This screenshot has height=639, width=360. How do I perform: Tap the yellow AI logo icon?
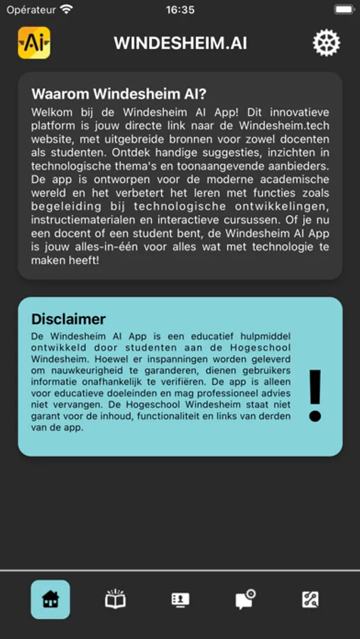[33, 43]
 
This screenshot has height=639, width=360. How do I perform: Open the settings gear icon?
[326, 43]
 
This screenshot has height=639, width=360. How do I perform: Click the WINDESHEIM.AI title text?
[180, 43]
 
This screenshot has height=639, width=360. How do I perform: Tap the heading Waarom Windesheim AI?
[119, 94]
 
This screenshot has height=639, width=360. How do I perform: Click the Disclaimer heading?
[69, 319]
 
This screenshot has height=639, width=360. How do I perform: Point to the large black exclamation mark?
[315, 396]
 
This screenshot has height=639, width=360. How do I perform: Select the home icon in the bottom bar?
[50, 599]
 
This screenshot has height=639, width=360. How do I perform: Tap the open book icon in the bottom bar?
[115, 599]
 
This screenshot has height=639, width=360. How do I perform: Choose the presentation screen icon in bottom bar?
[180, 599]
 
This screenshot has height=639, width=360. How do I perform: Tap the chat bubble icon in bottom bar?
[245, 599]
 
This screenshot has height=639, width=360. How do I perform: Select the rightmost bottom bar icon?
[310, 599]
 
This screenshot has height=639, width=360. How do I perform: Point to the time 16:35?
[180, 10]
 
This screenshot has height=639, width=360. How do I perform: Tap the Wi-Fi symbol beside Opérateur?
[67, 10]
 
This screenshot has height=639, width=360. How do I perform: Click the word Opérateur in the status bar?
[31, 10]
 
